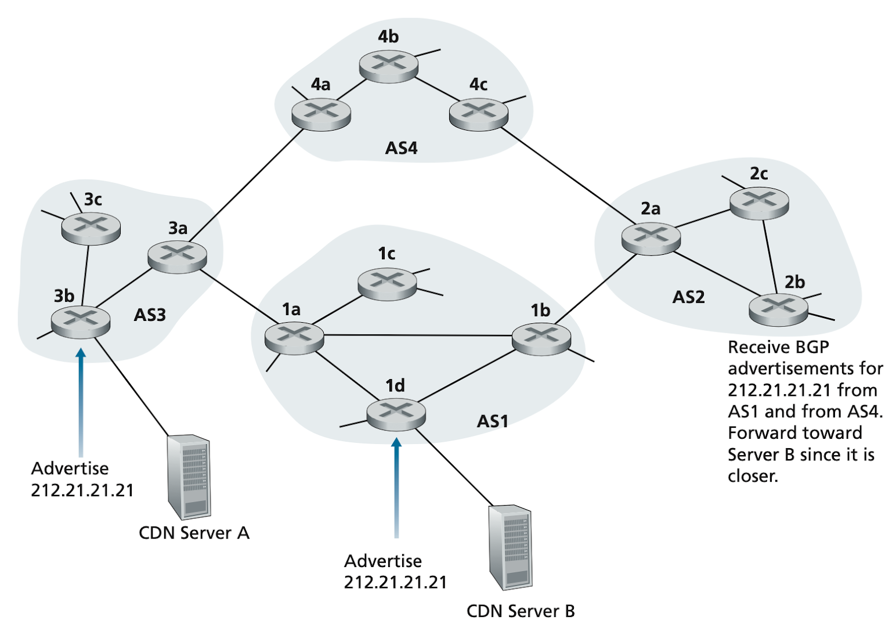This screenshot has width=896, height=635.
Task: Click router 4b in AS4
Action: pos(388,66)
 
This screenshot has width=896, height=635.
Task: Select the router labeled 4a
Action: pos(321,114)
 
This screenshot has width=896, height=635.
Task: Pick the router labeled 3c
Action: pos(91,228)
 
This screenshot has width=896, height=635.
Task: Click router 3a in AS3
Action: pos(177,257)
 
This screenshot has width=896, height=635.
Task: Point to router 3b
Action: pos(81,322)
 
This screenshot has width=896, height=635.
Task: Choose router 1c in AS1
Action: pos(387,284)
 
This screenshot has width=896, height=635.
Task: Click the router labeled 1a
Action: pos(294,338)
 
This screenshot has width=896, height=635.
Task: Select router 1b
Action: pos(541,339)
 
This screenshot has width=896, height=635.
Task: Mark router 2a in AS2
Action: pos(651,239)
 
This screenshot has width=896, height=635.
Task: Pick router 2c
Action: pos(759,203)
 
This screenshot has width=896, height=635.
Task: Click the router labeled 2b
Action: pos(778,310)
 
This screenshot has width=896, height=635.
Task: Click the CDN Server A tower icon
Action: pos(189,477)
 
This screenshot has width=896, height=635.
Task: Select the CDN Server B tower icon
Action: pos(511,548)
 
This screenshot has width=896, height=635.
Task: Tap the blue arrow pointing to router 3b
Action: pos(81,402)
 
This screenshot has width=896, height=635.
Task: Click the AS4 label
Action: pos(401,148)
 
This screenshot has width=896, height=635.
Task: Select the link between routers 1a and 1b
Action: pos(418,335)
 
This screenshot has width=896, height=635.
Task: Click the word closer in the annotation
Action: pos(753,476)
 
